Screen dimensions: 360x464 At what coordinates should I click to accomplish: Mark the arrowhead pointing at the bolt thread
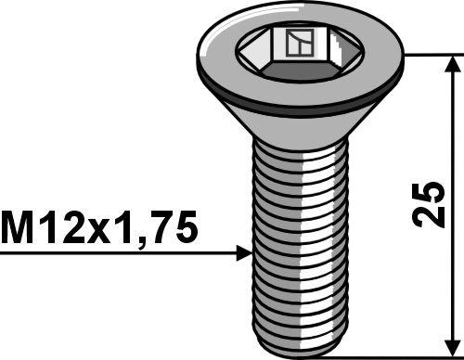coord(243,251)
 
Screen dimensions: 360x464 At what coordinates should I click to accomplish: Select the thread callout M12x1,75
coord(100,226)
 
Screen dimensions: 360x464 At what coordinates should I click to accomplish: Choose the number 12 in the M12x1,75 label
coord(58,226)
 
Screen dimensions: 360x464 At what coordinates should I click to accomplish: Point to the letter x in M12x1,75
coord(99,229)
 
